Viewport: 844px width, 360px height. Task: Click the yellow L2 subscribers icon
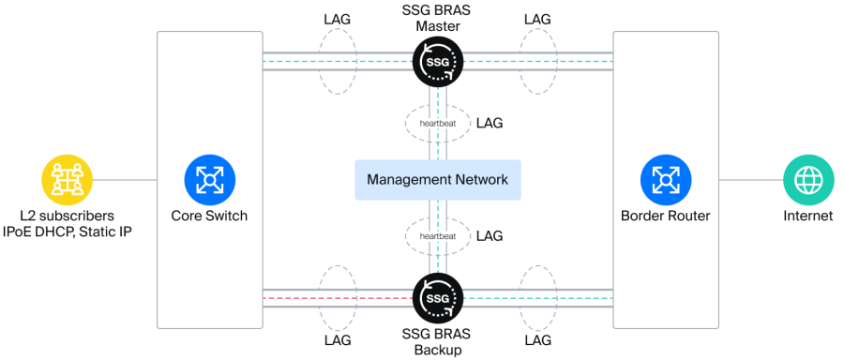68,180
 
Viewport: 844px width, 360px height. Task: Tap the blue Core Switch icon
209,180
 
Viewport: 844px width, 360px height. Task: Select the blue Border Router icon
666,180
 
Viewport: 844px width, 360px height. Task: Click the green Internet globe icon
808,180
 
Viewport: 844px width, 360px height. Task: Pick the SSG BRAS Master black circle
438,61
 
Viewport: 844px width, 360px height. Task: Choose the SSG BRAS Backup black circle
438,298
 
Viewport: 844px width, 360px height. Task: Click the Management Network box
438,180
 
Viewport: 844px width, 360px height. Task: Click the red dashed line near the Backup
338,298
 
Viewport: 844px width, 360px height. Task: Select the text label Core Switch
209,217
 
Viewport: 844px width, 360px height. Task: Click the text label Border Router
666,217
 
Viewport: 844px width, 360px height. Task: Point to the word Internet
808,217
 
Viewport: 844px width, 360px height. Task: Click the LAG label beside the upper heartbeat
490,123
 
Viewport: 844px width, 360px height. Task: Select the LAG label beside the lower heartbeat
490,235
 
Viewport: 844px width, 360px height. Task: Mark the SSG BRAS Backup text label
437,341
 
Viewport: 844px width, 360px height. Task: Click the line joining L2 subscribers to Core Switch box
125,180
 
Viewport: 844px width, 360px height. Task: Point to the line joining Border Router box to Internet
751,180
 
